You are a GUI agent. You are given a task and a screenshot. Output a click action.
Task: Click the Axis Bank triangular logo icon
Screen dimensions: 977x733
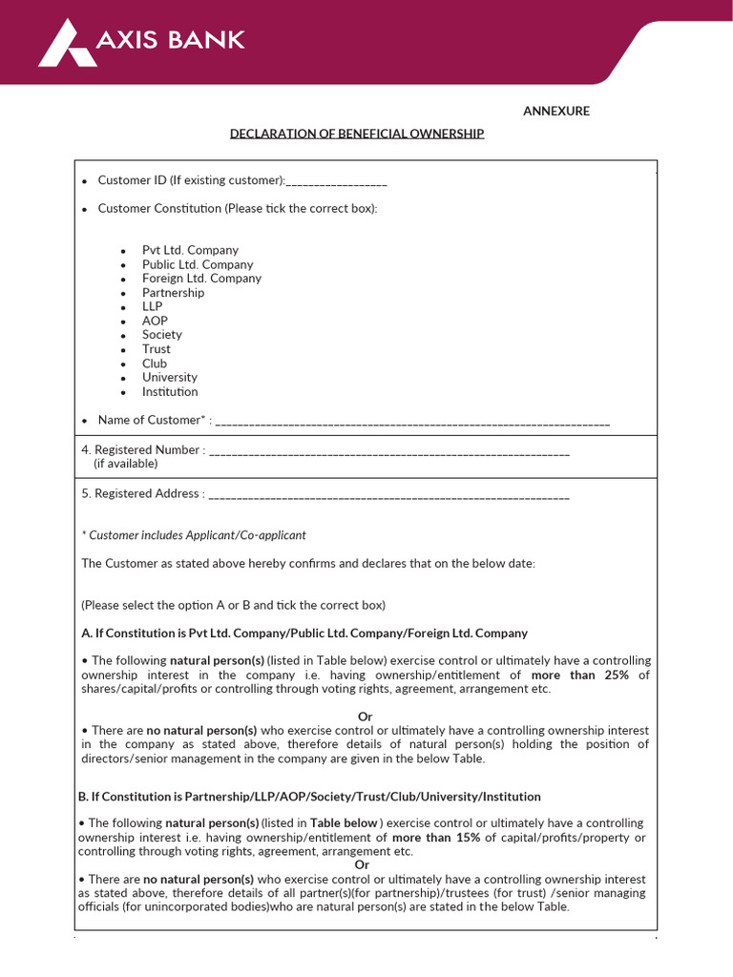[66, 45]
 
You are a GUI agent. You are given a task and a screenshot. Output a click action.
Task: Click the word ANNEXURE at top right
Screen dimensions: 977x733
[555, 112]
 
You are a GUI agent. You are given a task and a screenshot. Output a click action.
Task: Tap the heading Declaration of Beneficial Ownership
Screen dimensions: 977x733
[357, 134]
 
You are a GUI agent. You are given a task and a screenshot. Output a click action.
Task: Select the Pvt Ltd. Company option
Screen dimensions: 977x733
[190, 250]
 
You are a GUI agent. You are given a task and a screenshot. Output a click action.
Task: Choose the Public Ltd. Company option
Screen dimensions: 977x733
[198, 264]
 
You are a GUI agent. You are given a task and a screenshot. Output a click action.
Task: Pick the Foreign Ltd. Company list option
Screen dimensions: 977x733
[201, 279]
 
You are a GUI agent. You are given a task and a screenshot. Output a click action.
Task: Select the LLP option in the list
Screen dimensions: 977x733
[153, 307]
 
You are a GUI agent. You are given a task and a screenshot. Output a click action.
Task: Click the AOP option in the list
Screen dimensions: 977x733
[155, 321]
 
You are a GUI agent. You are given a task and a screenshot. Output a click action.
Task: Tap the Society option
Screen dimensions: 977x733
[161, 335]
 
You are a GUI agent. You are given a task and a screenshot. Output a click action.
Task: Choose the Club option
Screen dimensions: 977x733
[155, 364]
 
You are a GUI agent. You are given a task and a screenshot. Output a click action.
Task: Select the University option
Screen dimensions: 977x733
[170, 378]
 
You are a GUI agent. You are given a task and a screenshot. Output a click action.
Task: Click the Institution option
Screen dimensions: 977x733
[170, 392]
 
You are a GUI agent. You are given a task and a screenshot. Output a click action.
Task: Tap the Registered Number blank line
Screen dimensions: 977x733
[388, 451]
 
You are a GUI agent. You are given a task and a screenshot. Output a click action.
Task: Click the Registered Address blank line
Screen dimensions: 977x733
[388, 495]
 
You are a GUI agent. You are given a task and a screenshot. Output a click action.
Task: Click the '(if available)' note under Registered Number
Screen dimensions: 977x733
[125, 464]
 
